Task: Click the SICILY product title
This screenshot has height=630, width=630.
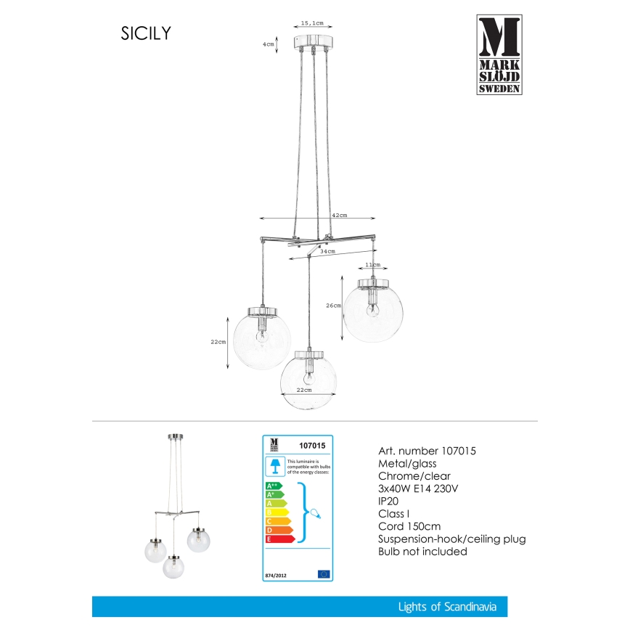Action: tap(145, 34)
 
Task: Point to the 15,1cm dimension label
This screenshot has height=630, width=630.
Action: tap(312, 23)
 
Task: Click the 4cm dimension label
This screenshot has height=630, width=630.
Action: tap(269, 44)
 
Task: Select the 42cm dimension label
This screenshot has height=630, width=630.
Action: tap(339, 216)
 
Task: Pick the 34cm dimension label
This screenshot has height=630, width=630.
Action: tap(328, 251)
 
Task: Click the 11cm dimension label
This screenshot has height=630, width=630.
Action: tap(372, 266)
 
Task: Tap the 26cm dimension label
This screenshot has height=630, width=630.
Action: tap(333, 306)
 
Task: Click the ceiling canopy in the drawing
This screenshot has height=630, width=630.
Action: tap(312, 41)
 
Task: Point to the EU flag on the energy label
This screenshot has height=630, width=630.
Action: tap(324, 573)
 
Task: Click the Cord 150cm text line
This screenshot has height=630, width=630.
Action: tap(409, 526)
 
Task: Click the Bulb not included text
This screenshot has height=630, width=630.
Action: tap(423, 551)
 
